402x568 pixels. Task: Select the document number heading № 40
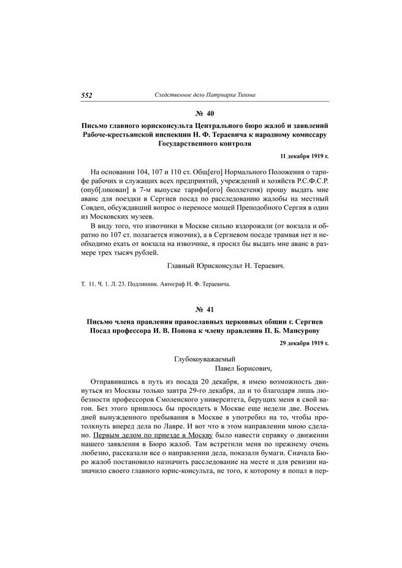point(204,114)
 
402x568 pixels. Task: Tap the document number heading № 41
point(204,310)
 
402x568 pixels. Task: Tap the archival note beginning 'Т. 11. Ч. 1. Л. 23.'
point(153,284)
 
